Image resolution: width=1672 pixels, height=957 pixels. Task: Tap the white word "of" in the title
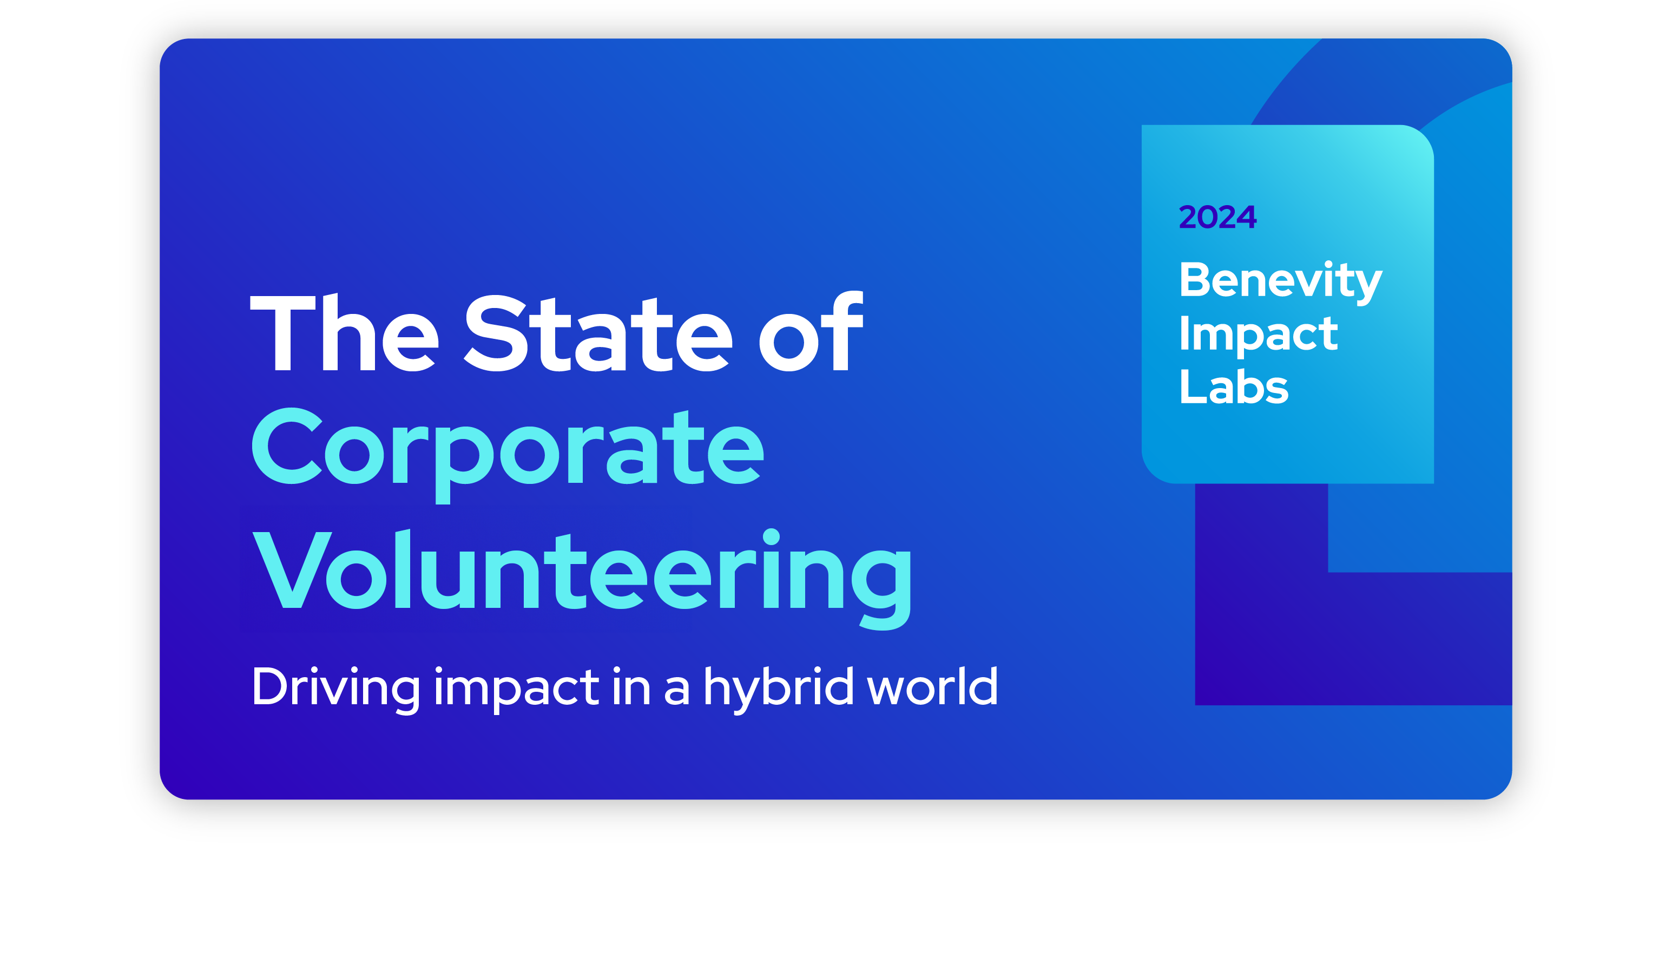[811, 331]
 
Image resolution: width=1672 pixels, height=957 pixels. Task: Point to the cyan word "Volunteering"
[582, 579]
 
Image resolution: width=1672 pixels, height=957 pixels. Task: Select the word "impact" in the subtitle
[516, 690]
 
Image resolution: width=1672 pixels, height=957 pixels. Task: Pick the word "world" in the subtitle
[932, 686]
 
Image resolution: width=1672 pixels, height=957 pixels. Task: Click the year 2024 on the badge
[1217, 217]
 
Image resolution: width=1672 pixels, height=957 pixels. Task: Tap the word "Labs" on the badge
[1234, 386]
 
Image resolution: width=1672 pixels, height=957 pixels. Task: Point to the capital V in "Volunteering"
[292, 570]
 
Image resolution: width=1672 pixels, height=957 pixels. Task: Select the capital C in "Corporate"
[286, 445]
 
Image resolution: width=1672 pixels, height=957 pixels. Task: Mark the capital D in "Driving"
[271, 686]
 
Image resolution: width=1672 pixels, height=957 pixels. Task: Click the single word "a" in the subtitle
[677, 691]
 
